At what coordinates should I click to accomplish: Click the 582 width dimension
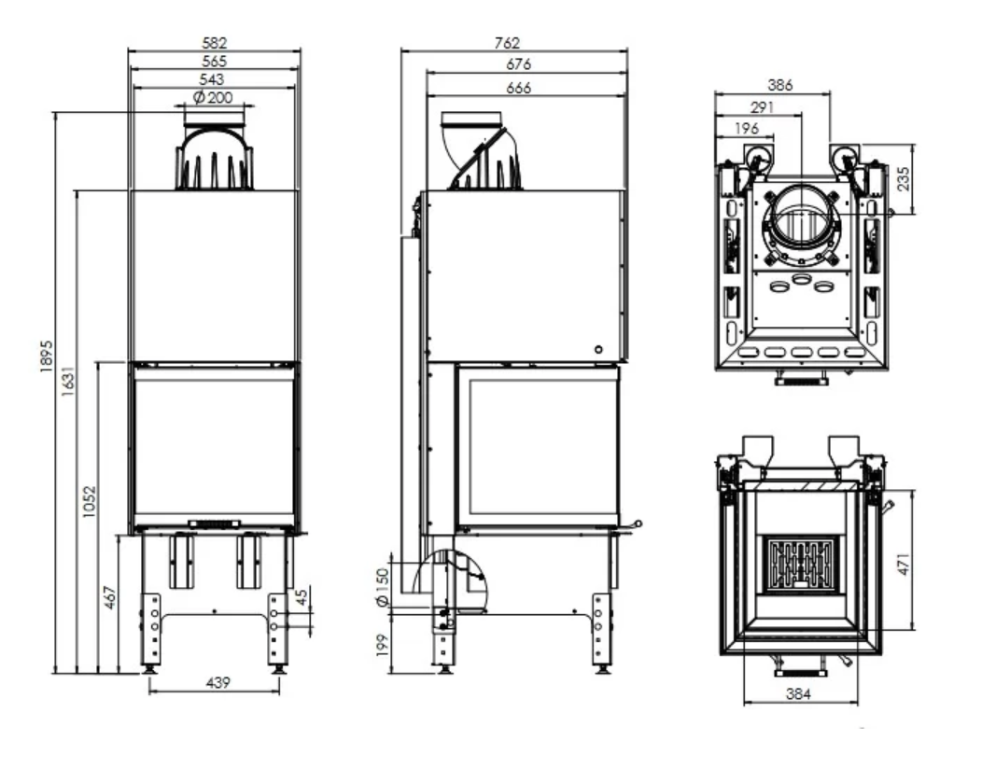point(215,42)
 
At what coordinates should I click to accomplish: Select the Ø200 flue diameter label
point(213,98)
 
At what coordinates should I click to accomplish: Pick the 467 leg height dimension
point(110,597)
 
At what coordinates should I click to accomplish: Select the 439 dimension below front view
point(216,682)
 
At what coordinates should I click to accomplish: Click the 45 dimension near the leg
point(302,597)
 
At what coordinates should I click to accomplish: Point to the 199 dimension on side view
point(382,644)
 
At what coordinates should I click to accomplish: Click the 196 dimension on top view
point(746,130)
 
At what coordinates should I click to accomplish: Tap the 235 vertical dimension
point(904,179)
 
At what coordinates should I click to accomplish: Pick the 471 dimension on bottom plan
point(904,563)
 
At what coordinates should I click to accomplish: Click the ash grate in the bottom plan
point(800,566)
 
